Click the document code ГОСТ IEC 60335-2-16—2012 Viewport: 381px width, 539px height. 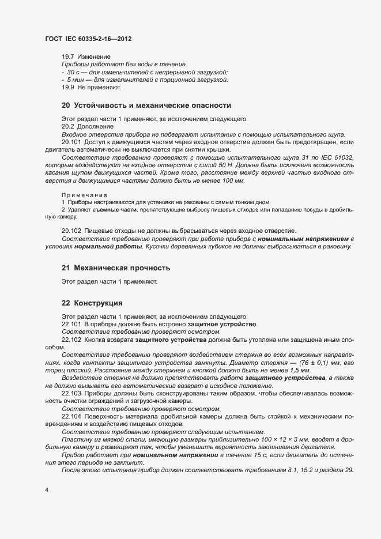pos(92,38)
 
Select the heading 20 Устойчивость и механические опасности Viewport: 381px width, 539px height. pos(146,105)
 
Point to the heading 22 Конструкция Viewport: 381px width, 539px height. pos(92,303)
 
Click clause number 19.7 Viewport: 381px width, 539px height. pos(69,57)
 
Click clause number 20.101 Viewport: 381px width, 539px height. pos(71,141)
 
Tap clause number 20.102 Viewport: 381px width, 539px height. pos(71,231)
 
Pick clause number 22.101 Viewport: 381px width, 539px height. pos(71,325)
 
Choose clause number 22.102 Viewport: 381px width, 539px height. pos(71,340)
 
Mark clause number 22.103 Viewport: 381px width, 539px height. pos(71,393)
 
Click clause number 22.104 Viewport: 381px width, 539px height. pos(71,416)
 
